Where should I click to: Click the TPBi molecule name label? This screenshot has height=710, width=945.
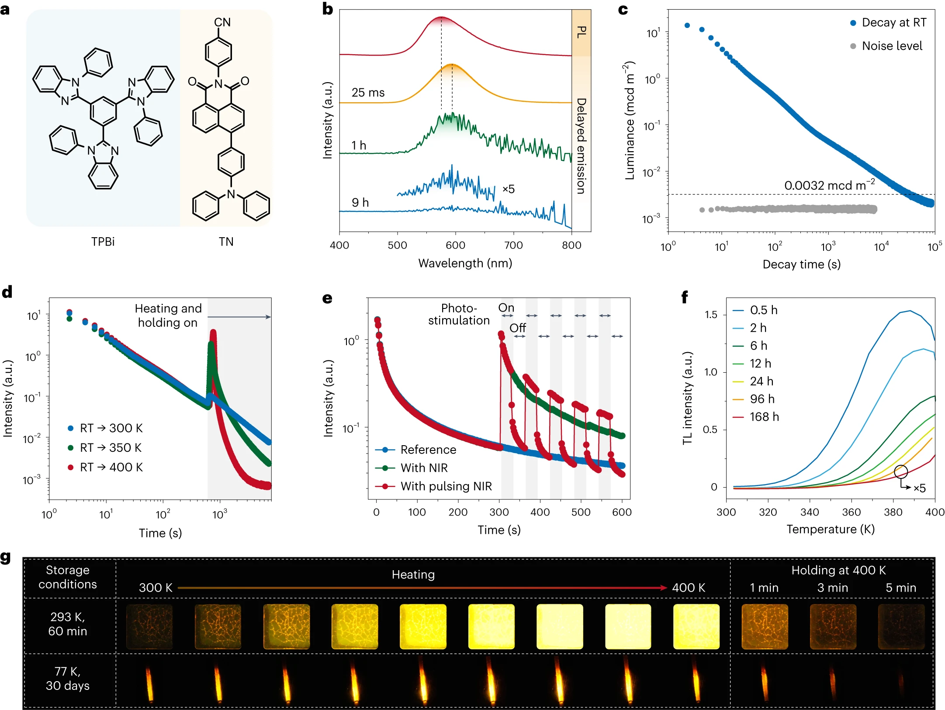103,242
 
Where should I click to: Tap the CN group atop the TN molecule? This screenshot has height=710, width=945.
222,22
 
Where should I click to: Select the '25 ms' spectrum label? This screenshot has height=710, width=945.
368,93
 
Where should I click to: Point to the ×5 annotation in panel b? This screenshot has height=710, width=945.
508,189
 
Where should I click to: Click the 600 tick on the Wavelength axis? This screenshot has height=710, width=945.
455,245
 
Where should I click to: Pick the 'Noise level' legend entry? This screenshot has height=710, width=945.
891,46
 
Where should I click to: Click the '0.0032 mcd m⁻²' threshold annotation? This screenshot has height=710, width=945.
829,185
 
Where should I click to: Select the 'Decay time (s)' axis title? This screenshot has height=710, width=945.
801,264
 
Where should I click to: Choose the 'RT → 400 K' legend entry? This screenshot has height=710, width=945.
111,468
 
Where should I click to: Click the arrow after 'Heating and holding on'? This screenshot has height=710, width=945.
239,317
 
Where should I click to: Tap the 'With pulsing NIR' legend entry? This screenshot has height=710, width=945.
446,486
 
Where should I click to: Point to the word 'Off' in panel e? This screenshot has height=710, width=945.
518,328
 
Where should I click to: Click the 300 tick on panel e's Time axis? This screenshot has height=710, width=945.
499,512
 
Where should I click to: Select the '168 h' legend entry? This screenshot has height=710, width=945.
764,417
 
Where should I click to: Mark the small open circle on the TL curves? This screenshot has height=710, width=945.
901,471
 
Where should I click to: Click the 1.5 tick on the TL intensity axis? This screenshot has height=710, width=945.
711,315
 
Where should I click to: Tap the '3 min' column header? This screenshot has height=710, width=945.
833,588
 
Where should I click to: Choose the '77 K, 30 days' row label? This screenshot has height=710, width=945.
68,679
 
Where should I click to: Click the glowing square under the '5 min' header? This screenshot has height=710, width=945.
901,627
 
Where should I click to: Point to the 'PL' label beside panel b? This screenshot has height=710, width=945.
582,32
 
